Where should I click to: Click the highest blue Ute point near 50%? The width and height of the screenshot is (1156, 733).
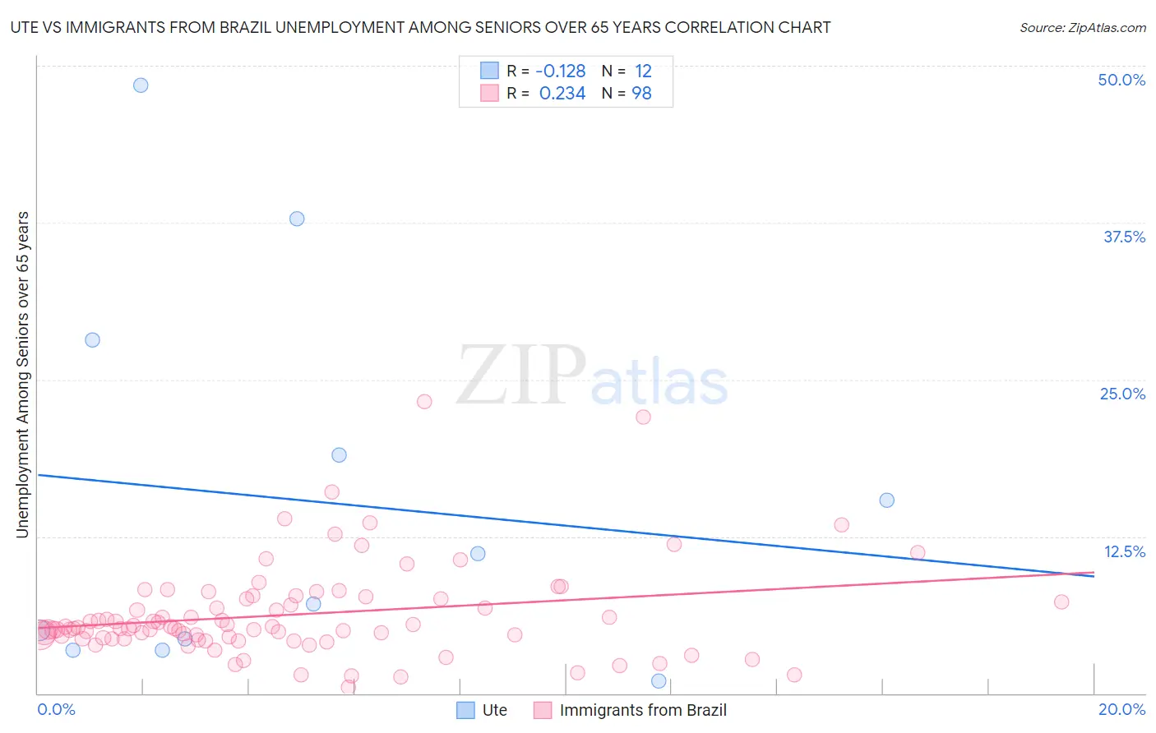click(141, 85)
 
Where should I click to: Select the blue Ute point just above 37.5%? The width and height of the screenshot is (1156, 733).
click(297, 219)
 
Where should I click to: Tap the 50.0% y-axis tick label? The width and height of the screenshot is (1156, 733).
click(1121, 80)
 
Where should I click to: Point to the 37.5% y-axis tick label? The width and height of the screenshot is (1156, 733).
click(1124, 237)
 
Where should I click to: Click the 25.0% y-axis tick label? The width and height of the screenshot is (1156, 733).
click(1122, 394)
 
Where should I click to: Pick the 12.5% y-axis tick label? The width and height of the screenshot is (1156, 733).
click(1124, 551)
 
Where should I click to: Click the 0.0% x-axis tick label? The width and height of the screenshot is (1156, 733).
click(56, 709)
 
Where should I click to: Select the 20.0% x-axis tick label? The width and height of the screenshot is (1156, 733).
click(1121, 709)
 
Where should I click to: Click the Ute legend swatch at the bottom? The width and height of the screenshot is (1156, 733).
click(465, 710)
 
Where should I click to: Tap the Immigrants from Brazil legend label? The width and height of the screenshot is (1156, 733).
click(643, 710)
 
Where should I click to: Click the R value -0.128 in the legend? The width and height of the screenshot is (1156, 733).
click(561, 71)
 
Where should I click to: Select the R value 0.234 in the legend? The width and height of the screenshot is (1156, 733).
click(562, 94)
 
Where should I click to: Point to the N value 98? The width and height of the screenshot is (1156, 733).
click(641, 94)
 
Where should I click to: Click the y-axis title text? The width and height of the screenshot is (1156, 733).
click(22, 375)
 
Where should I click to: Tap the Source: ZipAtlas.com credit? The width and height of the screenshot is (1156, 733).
click(1082, 27)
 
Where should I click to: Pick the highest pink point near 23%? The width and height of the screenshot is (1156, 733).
click(424, 401)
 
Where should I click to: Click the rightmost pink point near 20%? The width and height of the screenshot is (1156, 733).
click(1061, 602)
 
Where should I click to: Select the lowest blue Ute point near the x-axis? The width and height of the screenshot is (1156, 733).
click(659, 680)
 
